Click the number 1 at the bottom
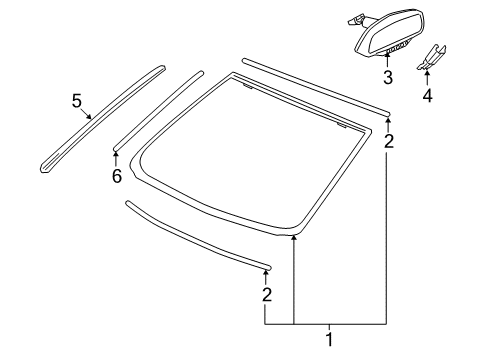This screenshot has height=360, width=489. (328, 341)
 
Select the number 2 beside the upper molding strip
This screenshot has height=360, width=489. (389, 141)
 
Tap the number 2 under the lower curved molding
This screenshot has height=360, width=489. (266, 294)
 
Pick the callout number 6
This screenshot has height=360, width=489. (116, 176)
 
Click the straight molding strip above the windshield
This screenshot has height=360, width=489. (315, 86)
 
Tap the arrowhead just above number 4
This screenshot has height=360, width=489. (427, 75)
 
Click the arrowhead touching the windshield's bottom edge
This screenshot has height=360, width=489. (294, 263)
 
